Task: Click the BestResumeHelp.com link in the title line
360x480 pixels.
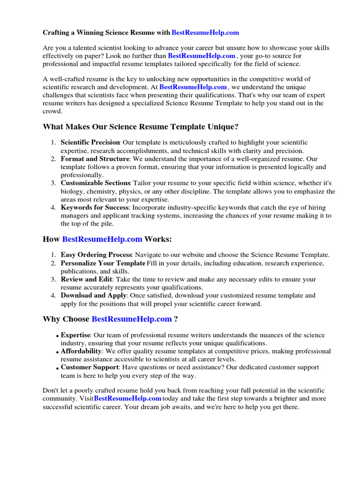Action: pos(205,33)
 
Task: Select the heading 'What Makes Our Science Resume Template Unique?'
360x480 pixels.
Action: pos(141,127)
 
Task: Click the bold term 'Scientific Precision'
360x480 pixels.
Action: pos(90,142)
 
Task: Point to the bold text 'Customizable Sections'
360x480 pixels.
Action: pos(95,183)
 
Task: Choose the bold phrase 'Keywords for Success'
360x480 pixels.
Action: pos(95,208)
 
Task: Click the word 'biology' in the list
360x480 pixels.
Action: pos(71,191)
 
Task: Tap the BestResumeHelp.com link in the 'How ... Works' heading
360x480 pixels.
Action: pos(102,240)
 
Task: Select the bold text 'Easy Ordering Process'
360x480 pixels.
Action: pos(96,255)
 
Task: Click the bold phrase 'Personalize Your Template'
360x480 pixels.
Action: pos(103,263)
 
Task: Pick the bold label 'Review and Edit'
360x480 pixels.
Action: pos(86,279)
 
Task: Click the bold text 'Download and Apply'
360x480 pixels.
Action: pos(93,296)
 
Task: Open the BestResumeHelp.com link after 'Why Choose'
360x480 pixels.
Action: pos(132,319)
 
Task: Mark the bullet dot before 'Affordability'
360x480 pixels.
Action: pos(57,352)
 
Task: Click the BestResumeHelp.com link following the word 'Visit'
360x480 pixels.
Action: pos(127,398)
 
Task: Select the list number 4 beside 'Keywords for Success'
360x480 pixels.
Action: pos(53,208)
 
